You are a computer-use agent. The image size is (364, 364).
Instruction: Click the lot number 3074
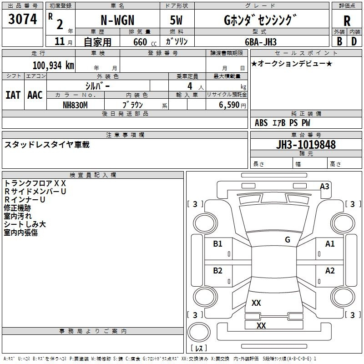[22, 19]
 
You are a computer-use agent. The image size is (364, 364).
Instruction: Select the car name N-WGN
[117, 20]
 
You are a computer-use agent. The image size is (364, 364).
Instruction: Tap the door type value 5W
[176, 20]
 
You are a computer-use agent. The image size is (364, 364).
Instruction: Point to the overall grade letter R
[347, 21]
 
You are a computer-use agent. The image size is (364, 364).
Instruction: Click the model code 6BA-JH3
[261, 42]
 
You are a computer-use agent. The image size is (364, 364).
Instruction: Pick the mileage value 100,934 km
[53, 66]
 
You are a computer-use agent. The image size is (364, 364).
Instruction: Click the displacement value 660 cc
[145, 42]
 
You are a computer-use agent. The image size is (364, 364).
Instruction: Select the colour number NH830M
[75, 105]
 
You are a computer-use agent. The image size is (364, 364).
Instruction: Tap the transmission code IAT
[13, 95]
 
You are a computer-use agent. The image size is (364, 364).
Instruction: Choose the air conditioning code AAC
[35, 95]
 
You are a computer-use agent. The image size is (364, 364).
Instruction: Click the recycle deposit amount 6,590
[229, 105]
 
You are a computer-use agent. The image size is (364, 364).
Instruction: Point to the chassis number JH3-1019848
[306, 145]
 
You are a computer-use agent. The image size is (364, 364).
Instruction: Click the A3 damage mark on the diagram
[324, 187]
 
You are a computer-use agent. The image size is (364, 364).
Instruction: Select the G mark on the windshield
[288, 240]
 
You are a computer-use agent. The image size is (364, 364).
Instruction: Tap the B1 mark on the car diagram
[217, 244]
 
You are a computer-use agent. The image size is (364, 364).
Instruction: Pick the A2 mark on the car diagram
[330, 271]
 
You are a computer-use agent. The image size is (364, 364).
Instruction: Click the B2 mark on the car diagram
[217, 271]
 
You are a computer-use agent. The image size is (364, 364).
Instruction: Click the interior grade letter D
[354, 41]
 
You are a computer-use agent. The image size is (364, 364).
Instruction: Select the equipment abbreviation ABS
[261, 123]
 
